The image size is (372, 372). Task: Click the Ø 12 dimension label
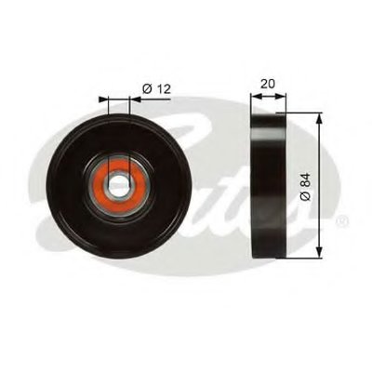[156, 89]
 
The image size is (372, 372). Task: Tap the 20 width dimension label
[268, 84]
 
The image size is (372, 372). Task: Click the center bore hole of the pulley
[119, 185]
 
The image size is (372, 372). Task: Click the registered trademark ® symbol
[342, 220]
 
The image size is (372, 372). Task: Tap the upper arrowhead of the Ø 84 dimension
[320, 118]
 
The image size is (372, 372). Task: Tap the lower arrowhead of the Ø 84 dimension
[320, 253]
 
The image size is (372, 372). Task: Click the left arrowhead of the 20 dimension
[256, 97]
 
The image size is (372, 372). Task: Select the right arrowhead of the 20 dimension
[280, 97]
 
